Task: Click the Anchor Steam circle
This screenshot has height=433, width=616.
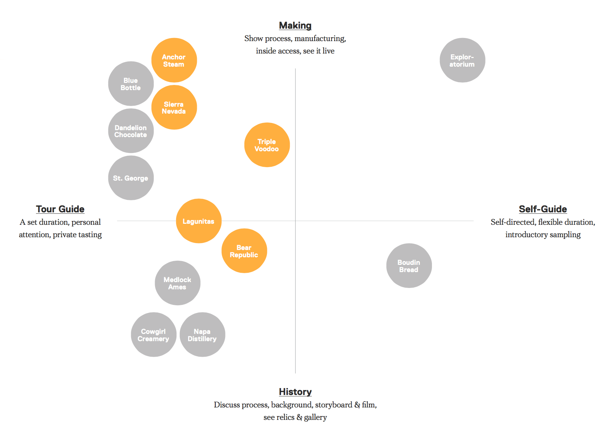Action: [174, 60]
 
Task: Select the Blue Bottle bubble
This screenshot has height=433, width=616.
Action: [131, 84]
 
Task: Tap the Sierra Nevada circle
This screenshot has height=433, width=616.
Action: [174, 107]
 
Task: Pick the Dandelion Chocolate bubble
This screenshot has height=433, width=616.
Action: [131, 131]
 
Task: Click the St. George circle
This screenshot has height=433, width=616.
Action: [131, 178]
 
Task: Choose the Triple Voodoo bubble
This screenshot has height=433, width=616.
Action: [267, 145]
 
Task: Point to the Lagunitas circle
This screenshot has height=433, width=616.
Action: [199, 221]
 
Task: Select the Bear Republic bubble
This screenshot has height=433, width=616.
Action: [244, 251]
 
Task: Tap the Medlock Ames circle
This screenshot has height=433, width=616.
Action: [177, 283]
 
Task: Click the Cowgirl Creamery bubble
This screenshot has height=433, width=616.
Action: [154, 335]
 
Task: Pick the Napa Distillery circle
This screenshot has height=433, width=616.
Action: [202, 335]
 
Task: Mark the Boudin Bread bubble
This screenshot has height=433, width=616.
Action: [409, 266]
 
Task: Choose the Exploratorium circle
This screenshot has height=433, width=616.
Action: [462, 60]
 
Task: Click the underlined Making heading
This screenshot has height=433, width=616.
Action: [295, 26]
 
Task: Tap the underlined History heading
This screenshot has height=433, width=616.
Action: [295, 392]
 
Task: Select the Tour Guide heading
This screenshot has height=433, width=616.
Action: [60, 209]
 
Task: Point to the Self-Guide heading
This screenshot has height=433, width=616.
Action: [543, 209]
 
